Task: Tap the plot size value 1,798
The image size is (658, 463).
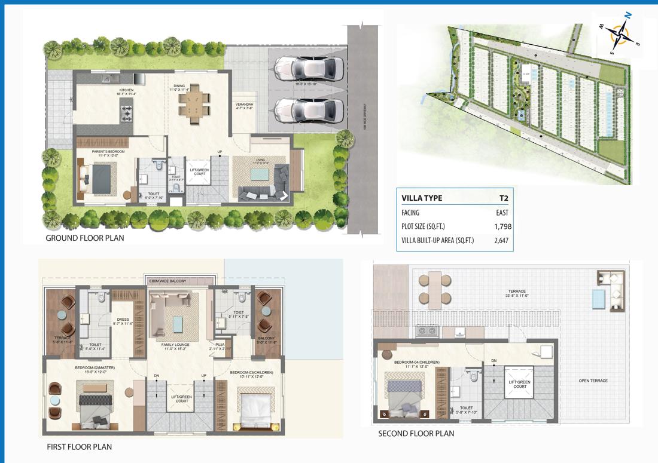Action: [502, 226]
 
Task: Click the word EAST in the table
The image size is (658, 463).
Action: [502, 213]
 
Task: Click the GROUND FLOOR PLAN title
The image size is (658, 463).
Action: [85, 238]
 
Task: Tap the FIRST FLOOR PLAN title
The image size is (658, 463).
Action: [79, 446]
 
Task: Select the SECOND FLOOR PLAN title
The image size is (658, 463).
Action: [416, 434]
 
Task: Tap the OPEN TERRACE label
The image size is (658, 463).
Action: [593, 381]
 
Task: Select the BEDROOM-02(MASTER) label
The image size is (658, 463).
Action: [95, 367]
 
